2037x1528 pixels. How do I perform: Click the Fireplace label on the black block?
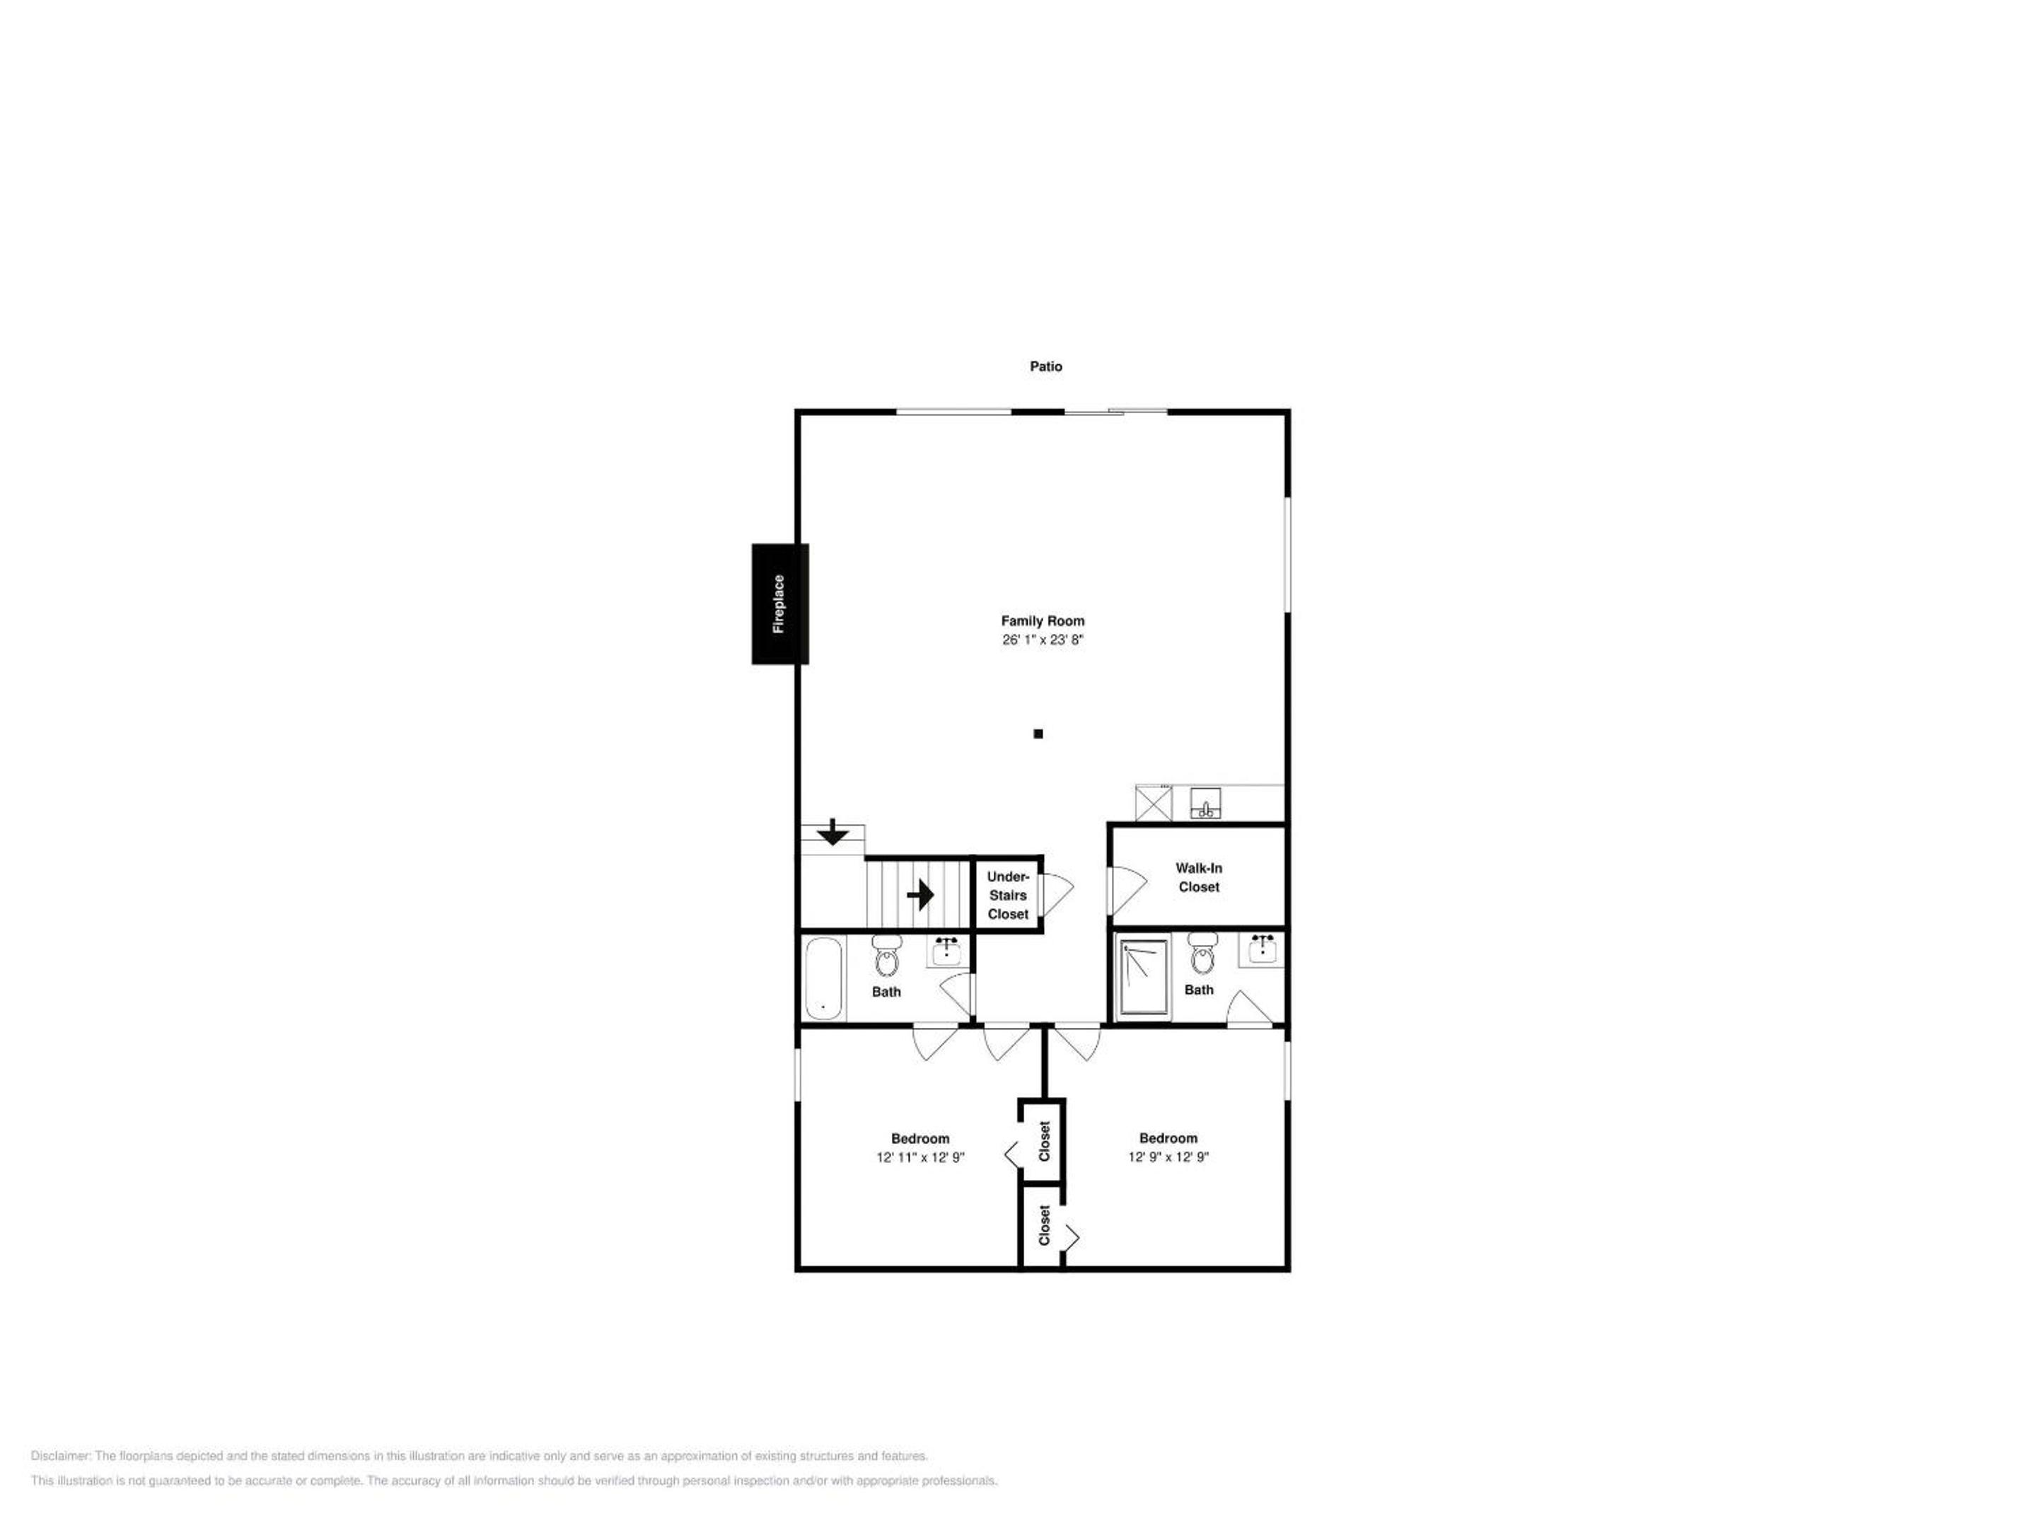[x=779, y=604]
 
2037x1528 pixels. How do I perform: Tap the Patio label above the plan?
[x=1045, y=366]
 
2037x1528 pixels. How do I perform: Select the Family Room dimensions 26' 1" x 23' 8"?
[x=1043, y=639]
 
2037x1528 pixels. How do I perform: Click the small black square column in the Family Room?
[x=1038, y=734]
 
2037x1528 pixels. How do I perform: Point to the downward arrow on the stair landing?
[x=832, y=832]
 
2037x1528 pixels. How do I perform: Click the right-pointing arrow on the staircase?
[x=920, y=894]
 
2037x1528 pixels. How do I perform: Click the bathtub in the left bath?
[x=824, y=978]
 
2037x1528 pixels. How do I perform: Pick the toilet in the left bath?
[x=887, y=955]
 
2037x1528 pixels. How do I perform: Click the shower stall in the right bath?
[x=1144, y=976]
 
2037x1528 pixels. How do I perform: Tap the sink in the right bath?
[x=1262, y=949]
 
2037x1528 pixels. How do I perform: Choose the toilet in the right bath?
[x=1202, y=954]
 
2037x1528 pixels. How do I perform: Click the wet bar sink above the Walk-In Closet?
[x=1205, y=803]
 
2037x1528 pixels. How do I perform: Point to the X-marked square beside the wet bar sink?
[x=1154, y=803]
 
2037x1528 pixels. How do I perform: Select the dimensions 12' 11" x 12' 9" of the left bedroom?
[x=920, y=1158]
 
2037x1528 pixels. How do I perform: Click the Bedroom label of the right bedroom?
[x=1168, y=1138]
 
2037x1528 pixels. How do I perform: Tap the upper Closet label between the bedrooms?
[x=1044, y=1141]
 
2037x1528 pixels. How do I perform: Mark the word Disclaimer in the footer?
[x=61, y=1456]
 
